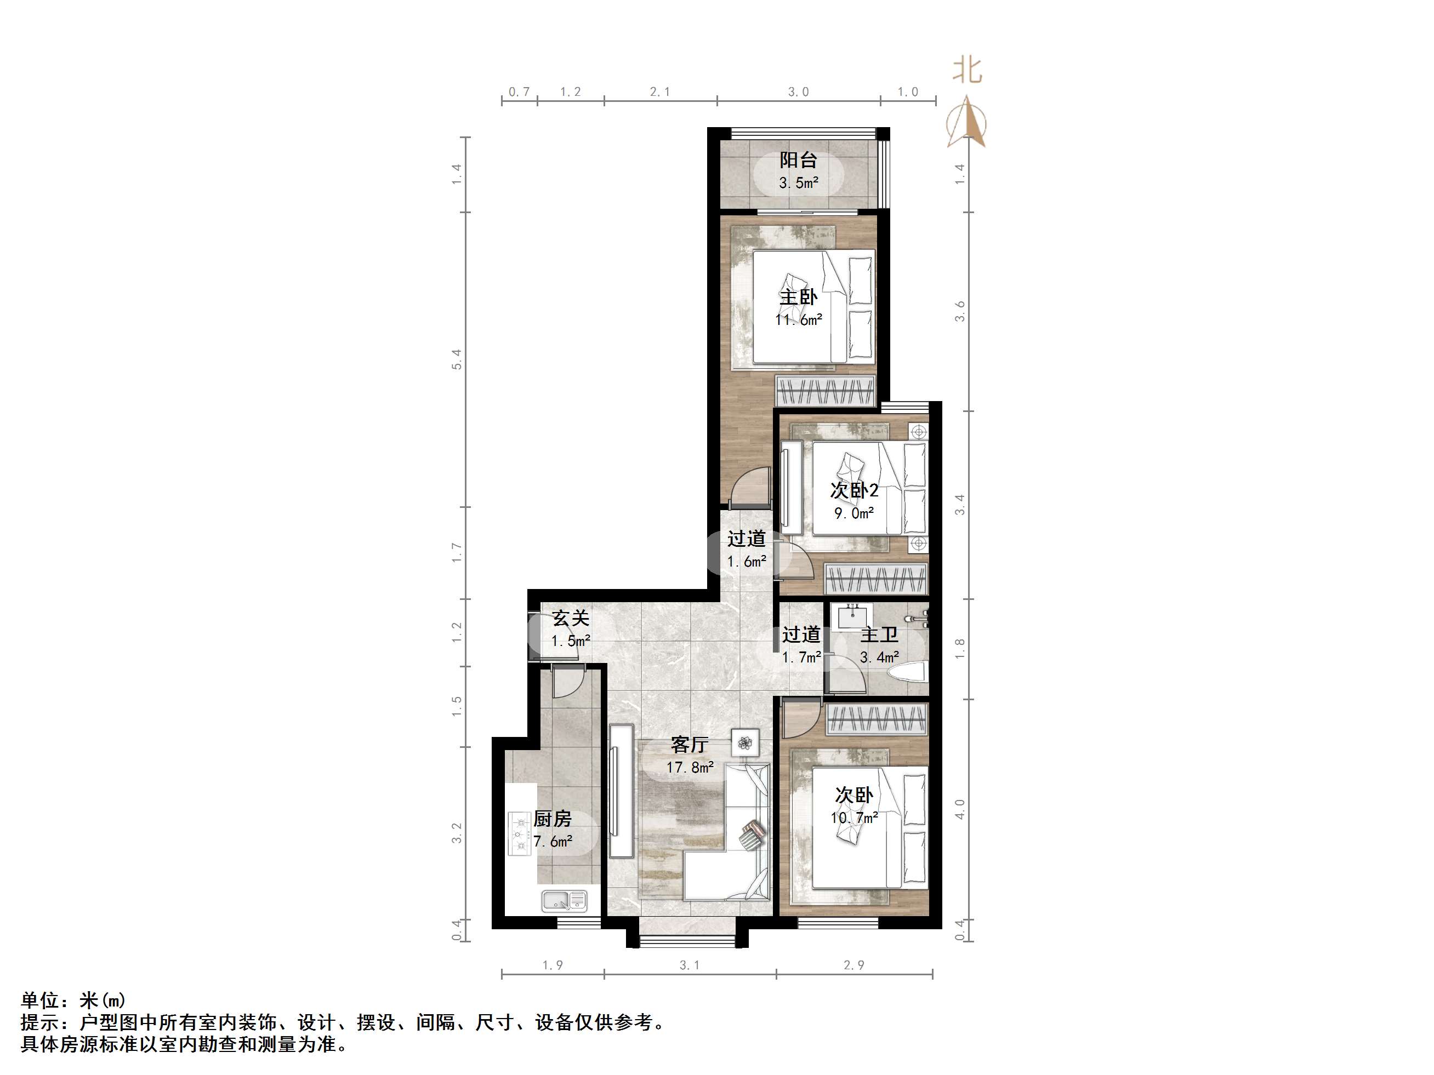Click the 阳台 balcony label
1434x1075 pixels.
[798, 159]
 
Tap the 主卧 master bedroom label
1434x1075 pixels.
[798, 298]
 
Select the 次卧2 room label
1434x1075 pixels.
[854, 490]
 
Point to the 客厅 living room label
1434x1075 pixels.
[689, 745]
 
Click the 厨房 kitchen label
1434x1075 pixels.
[553, 819]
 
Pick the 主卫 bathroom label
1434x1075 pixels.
[879, 635]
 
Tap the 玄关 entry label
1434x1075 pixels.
[571, 619]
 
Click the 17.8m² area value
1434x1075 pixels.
[690, 768]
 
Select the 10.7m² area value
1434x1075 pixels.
[854, 817]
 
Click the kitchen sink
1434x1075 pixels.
[564, 900]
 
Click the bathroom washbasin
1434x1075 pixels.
[851, 617]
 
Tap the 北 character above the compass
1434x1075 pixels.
[967, 70]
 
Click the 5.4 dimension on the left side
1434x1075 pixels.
[457, 359]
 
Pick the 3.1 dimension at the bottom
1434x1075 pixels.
[689, 965]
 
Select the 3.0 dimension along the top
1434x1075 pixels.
[798, 92]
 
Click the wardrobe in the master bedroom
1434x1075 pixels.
[826, 391]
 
